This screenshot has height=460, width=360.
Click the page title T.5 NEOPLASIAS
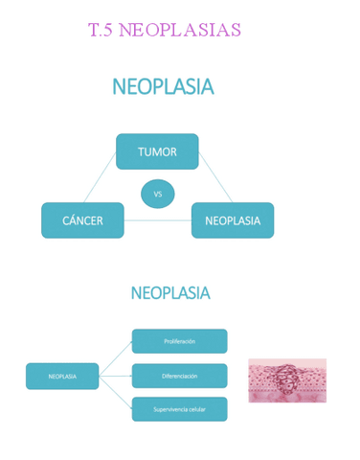pos(164,31)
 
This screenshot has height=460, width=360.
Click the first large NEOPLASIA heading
pos(163,87)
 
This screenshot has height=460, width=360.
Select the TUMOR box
pos(157,151)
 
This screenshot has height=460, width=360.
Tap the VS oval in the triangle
pos(158,194)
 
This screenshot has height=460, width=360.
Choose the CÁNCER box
pos(82,220)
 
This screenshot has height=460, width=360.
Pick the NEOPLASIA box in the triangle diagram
pos(233,220)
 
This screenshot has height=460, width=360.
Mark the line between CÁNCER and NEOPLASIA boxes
pos(158,221)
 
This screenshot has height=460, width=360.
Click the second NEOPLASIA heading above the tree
pos(170,293)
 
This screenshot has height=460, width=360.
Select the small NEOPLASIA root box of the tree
pos(62,376)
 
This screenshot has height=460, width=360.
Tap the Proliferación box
pos(179,341)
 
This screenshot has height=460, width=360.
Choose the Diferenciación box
pos(179,376)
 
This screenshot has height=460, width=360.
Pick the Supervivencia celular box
pos(179,409)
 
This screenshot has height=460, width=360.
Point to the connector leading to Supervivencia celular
pos(115,393)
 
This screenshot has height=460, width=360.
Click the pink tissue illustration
pos(287,380)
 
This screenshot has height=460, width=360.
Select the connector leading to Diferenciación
pos(115,376)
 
